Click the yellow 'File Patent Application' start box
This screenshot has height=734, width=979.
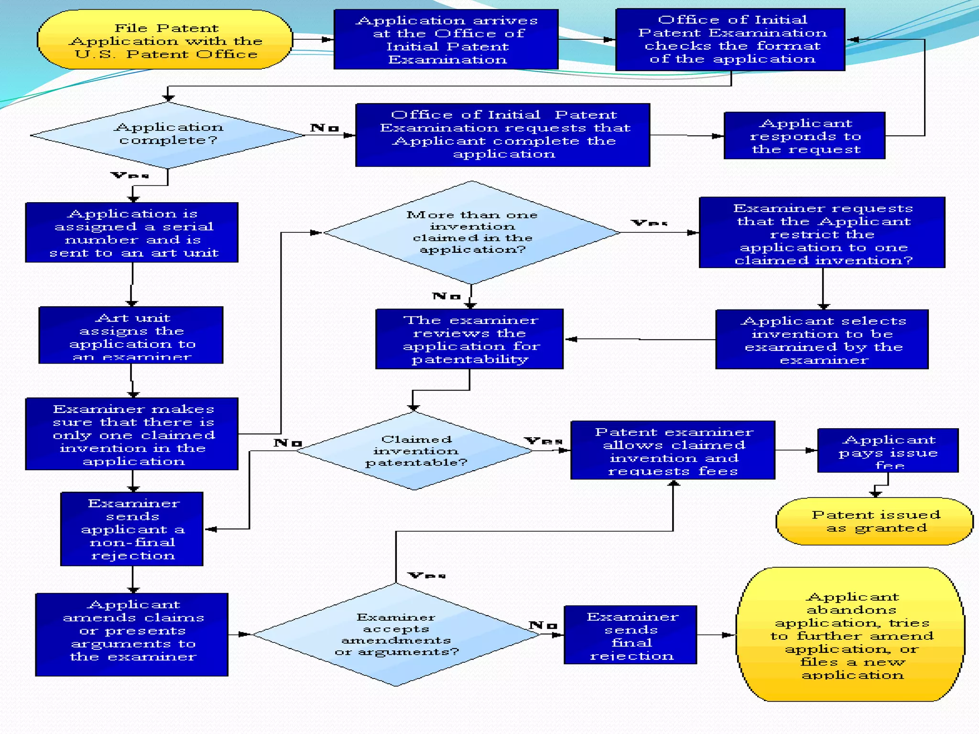pos(165,40)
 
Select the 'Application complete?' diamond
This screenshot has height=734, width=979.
pos(168,135)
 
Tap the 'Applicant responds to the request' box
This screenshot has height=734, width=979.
pos(805,136)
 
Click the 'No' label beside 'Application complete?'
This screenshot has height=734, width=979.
pos(324,128)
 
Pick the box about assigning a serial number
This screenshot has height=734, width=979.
pos(132,233)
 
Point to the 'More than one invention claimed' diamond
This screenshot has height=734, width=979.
pos(472,232)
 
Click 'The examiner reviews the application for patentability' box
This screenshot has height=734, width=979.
pos(469,339)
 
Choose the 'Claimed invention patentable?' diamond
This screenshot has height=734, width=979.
pos(415,451)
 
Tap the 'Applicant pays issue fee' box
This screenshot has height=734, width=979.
pos(888,451)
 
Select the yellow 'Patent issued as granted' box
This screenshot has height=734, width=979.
pos(875,521)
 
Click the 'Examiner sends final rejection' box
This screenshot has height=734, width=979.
pos(631,635)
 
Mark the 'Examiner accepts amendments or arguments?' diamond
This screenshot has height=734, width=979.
pos(396,635)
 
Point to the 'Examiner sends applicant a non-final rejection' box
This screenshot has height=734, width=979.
pos(132,529)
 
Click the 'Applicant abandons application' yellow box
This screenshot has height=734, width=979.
pos(851,635)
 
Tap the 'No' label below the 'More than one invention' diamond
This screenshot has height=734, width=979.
pos(446,296)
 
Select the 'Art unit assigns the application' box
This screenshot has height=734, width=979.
pos(131,335)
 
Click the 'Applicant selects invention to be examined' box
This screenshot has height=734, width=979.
pos(822,339)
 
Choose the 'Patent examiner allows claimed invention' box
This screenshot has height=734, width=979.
pos(673,451)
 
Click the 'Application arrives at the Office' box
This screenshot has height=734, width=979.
pos(446,40)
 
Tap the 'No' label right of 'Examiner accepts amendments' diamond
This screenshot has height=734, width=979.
pos(543,625)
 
